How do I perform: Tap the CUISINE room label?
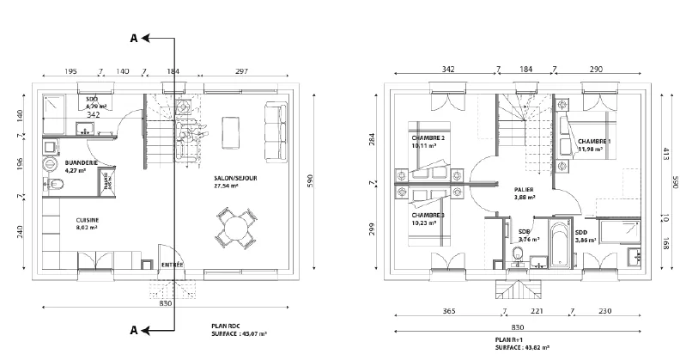(87, 220)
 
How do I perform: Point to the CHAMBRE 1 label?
(594, 141)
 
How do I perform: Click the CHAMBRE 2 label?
(428, 138)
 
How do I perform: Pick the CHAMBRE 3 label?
(428, 215)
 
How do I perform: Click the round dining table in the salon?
(234, 227)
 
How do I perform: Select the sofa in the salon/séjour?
(276, 135)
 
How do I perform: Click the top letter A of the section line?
(132, 39)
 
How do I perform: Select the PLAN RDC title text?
(227, 327)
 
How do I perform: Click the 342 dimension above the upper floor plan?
(448, 68)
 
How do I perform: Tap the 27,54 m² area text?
(228, 186)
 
